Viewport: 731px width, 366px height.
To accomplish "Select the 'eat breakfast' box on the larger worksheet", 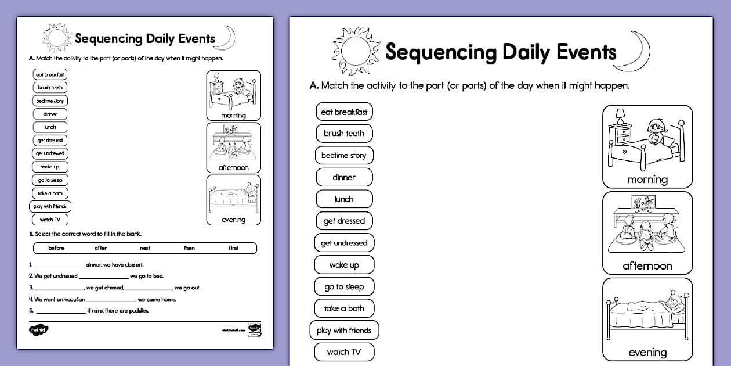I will (344, 112).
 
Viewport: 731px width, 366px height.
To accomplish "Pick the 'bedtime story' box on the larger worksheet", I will (344, 155).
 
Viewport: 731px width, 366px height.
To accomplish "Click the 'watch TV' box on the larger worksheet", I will (343, 351).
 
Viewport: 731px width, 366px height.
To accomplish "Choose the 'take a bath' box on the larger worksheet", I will (344, 308).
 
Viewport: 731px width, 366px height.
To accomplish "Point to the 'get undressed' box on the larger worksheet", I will (344, 243).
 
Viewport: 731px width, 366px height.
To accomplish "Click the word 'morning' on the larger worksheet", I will (647, 180).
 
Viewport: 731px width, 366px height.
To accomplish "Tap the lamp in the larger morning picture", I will (620, 116).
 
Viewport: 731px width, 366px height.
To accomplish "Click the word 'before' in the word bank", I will (56, 248).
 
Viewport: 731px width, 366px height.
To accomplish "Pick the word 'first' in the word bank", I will (233, 248).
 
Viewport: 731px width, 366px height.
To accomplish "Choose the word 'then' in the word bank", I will (189, 248).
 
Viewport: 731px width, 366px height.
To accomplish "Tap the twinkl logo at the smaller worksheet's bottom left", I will (39, 330).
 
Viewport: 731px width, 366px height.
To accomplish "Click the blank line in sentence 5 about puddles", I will (60, 311).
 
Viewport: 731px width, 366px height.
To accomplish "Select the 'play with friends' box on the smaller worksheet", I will (50, 206).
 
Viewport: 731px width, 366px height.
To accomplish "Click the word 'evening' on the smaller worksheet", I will (233, 220).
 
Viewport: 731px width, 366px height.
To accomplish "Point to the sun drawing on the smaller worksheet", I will (56, 39).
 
